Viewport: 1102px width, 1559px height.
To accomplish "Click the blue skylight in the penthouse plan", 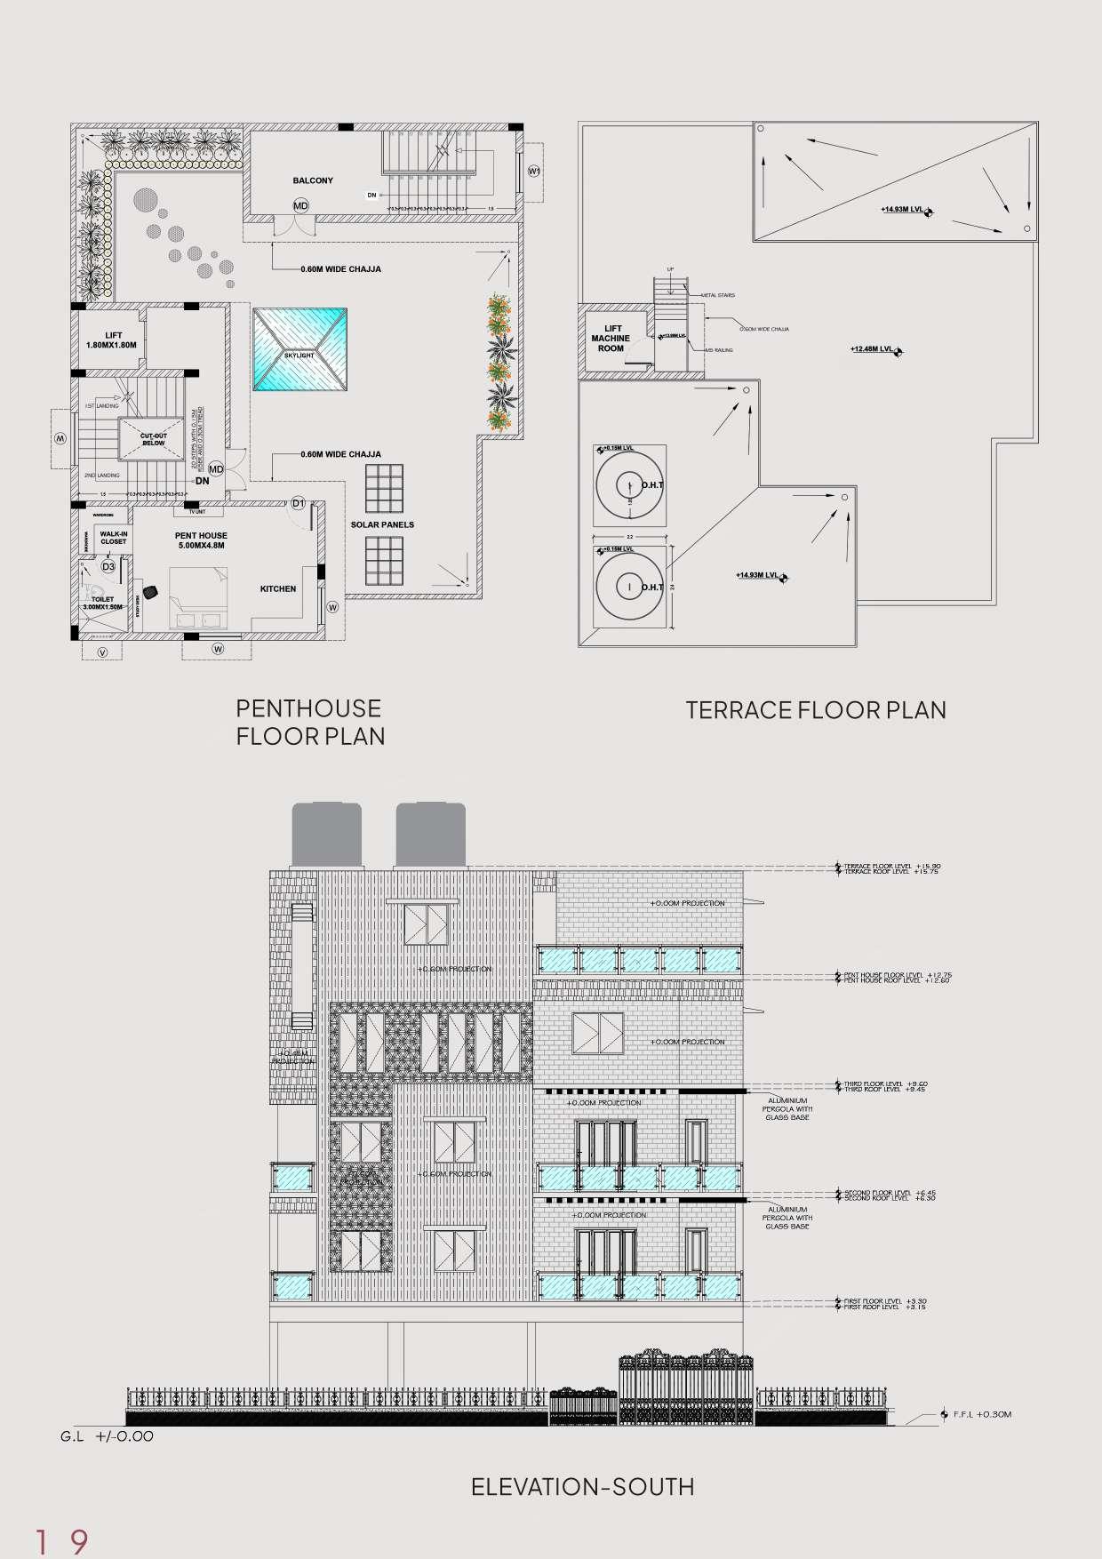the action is pyautogui.click(x=299, y=349).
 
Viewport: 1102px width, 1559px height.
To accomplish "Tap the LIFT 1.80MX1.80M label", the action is pyautogui.click(x=111, y=340).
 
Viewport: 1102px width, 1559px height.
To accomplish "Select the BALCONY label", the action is pyautogui.click(x=313, y=180).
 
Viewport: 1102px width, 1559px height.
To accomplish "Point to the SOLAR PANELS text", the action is pyautogui.click(x=382, y=524).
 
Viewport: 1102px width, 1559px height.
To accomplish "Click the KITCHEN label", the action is pyautogui.click(x=278, y=588).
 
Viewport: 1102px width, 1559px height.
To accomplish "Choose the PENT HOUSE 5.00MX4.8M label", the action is pyautogui.click(x=201, y=540).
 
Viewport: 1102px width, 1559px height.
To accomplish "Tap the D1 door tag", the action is pyautogui.click(x=299, y=504).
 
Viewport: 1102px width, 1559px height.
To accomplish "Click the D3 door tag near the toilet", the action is pyautogui.click(x=108, y=566).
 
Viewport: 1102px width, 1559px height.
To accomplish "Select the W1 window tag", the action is pyautogui.click(x=534, y=170).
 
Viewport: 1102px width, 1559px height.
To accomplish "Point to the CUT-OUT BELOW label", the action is pyautogui.click(x=154, y=439).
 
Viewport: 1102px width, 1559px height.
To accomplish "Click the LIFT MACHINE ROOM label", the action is pyautogui.click(x=611, y=339).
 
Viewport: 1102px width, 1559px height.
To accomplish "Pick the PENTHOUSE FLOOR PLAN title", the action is pyautogui.click(x=309, y=722).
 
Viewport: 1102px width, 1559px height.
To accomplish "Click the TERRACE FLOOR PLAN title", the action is pyautogui.click(x=815, y=709).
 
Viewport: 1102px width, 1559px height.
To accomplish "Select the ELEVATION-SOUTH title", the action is pyautogui.click(x=582, y=1486).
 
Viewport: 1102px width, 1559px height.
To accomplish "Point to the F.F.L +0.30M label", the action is pyautogui.click(x=981, y=1414).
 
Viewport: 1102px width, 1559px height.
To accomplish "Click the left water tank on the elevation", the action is pyautogui.click(x=327, y=834).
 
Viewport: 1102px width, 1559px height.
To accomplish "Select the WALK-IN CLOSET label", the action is pyautogui.click(x=114, y=537).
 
